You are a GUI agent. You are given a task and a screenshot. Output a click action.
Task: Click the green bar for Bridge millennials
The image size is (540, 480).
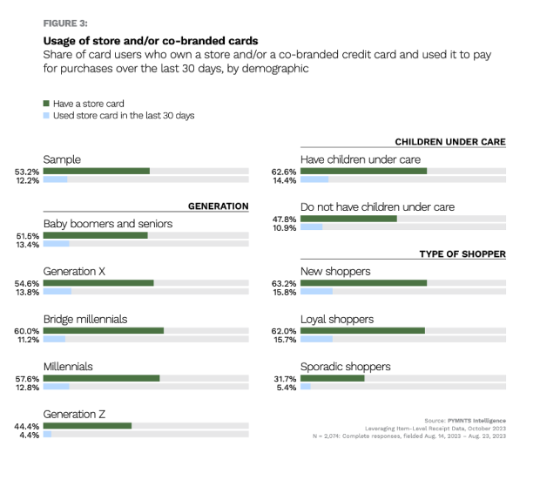pos(103,331)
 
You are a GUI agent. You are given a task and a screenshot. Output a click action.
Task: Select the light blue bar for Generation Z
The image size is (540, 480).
pos(47,434)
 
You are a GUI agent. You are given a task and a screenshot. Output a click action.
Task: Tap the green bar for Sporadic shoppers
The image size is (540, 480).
pos(332,378)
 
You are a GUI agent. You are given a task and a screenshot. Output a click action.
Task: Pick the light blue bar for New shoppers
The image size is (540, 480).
pos(316,292)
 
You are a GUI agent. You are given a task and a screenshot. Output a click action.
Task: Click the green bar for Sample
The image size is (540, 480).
pos(96,171)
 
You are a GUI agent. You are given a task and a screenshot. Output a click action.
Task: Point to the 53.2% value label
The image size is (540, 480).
pos(27,171)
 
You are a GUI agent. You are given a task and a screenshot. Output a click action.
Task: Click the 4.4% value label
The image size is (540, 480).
pos(30,434)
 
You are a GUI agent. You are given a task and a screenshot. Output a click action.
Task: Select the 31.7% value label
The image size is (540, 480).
pos(285,378)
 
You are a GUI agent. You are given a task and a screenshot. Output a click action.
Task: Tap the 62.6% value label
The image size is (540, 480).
pos(285,172)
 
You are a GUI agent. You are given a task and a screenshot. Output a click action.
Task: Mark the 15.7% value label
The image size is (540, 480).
pos(285,340)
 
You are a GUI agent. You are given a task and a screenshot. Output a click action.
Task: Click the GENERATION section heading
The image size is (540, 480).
pos(218,206)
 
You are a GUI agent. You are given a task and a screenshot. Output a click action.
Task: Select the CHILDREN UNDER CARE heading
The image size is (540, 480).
pos(449,142)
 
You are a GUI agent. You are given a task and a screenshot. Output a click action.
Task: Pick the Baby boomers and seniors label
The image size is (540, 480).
pos(107,224)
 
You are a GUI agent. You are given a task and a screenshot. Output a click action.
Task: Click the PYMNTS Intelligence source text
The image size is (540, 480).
pos(477,421)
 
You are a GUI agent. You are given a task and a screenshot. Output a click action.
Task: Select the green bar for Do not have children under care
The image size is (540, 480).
pos(348,218)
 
